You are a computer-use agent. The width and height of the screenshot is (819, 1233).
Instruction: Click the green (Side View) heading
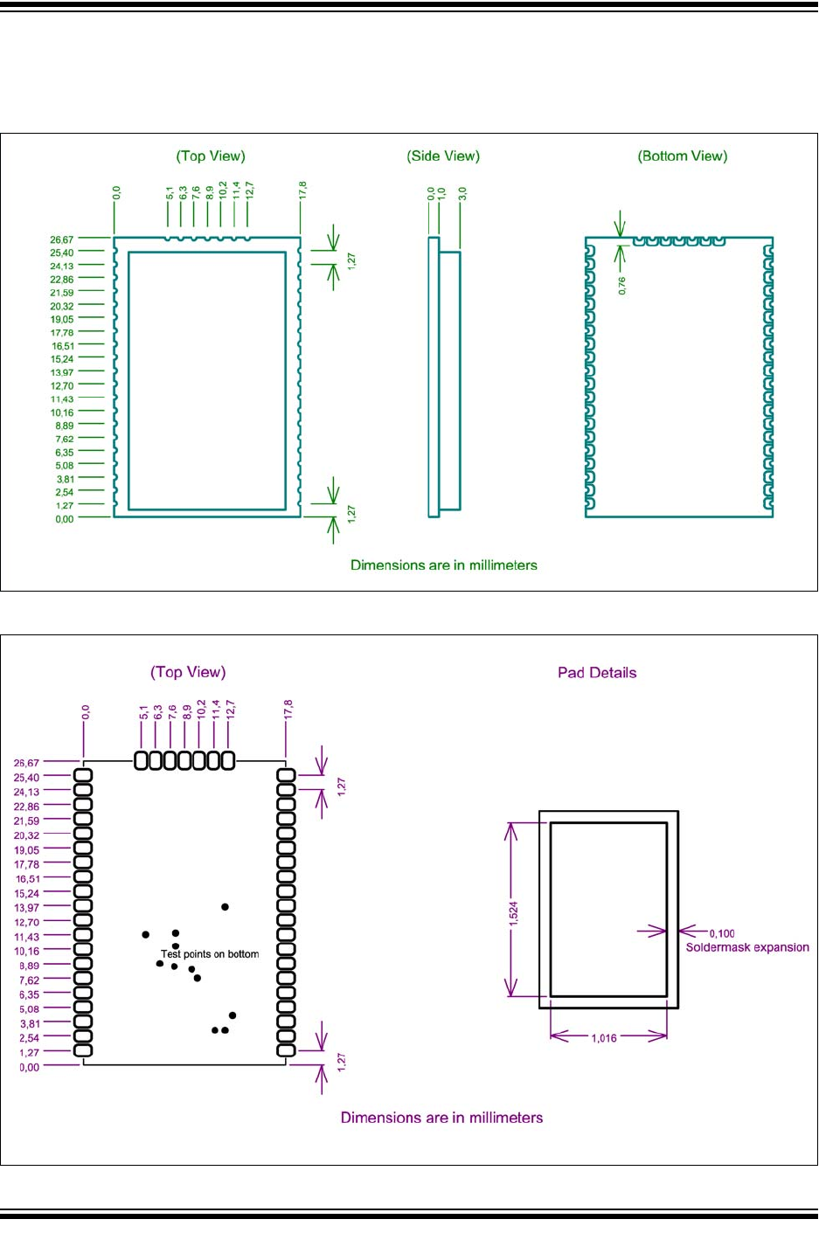click(443, 156)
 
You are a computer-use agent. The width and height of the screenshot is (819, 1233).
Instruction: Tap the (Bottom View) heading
click(683, 156)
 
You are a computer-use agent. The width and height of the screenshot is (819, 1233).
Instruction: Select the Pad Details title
click(597, 673)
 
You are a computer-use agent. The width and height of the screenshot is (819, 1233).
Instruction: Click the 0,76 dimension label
click(622, 286)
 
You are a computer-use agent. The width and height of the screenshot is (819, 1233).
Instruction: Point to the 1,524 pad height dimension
click(514, 913)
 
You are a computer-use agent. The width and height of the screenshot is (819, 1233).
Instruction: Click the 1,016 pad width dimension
click(604, 1038)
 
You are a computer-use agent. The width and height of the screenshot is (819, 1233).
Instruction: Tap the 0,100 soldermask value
click(722, 933)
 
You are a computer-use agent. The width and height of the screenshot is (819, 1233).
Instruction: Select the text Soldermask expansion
click(747, 947)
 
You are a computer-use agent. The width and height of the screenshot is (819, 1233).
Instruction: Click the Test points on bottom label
click(210, 954)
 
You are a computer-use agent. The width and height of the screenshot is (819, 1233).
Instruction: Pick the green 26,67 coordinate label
click(62, 239)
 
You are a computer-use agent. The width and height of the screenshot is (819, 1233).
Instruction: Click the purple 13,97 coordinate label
click(26, 908)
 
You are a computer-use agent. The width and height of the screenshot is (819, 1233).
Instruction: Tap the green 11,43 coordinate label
click(62, 399)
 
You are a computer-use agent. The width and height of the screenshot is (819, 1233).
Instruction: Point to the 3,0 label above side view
click(463, 194)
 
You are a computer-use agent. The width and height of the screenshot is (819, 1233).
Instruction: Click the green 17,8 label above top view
click(302, 191)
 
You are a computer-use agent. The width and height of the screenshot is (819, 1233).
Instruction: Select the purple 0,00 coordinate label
click(30, 1067)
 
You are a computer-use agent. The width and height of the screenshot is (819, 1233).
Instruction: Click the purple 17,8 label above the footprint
click(288, 710)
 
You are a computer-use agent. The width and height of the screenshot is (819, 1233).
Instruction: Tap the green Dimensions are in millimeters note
click(444, 565)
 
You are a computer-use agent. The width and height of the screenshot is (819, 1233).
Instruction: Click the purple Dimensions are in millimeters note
click(441, 1118)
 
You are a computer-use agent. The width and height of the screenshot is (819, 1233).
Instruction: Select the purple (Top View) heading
click(188, 672)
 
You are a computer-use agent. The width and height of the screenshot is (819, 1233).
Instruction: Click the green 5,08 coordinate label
click(64, 466)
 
